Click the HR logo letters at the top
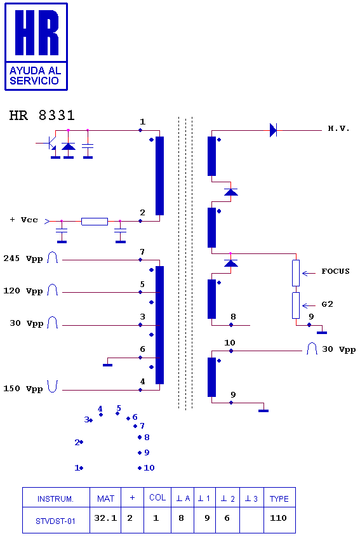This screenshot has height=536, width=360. [37, 32]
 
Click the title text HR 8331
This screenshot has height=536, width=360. [42, 116]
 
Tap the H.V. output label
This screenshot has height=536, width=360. [338, 128]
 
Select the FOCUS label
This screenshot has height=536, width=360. [335, 271]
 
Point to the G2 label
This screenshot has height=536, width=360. [327, 304]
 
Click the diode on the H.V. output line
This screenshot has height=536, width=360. [273, 130]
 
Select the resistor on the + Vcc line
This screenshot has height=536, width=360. [95, 222]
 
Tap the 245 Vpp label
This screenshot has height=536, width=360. [23, 258]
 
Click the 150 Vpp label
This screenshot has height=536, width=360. [23, 389]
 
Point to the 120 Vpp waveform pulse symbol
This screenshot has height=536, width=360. [52, 290]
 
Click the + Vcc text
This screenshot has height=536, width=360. [24, 220]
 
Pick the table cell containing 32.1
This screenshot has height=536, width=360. [105, 519]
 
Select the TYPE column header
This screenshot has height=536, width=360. [279, 499]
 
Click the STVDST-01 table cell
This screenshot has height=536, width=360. [56, 520]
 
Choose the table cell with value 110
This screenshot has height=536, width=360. [279, 519]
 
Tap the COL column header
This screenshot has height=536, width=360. [157, 498]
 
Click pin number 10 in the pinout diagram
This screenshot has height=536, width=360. [149, 467]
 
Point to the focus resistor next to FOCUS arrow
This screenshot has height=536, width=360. [296, 273]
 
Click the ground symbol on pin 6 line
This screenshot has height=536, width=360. [108, 365]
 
